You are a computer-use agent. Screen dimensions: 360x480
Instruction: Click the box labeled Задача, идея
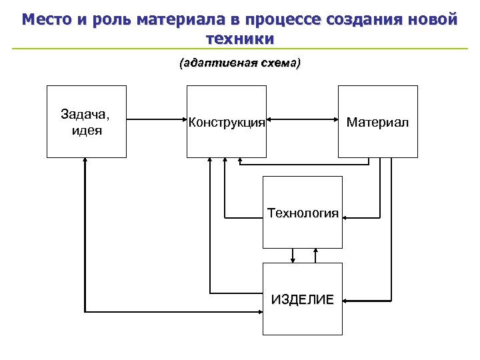point(86,121)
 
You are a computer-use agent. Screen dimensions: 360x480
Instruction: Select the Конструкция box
point(226,121)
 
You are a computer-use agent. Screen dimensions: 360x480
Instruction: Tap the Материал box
point(377,121)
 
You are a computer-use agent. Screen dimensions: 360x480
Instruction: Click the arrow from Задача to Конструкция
point(156,120)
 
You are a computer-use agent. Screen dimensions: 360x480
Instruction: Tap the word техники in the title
point(240,39)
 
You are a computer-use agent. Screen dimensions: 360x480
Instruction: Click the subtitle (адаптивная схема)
point(240,63)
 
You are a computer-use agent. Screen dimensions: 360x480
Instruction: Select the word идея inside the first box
point(86,130)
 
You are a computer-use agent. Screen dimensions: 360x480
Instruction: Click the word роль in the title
point(113,20)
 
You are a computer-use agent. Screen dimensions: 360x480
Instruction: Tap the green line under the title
point(240,49)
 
